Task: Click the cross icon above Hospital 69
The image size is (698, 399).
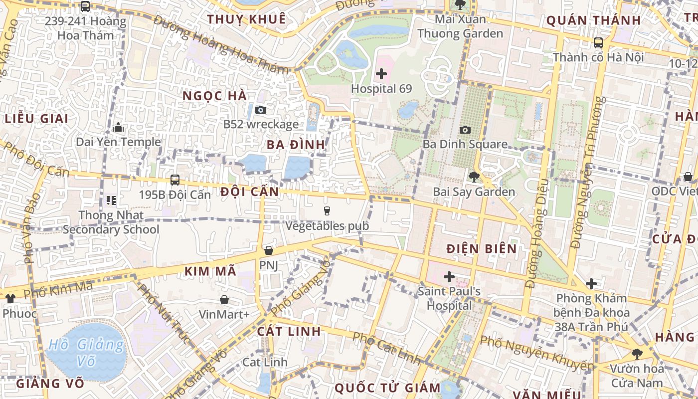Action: tap(381, 74)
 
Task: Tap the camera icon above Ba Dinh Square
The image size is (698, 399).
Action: tap(465, 130)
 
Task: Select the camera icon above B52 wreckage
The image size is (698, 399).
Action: tap(260, 110)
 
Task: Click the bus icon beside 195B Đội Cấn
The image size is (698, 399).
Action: tap(175, 180)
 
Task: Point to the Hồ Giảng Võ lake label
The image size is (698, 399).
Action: tap(87, 352)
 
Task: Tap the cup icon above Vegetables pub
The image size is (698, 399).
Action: tap(327, 211)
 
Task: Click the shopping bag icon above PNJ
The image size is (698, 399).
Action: tap(269, 250)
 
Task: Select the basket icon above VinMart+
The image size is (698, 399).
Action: tap(224, 300)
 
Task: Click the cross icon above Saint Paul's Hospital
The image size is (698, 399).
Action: tap(449, 276)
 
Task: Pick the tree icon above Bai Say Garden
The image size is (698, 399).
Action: tap(474, 177)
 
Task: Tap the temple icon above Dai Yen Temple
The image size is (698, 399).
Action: tap(118, 127)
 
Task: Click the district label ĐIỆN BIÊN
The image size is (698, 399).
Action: tap(481, 248)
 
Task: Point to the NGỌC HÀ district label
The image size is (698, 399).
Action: tap(214, 96)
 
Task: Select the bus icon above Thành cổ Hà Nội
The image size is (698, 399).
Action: tap(598, 43)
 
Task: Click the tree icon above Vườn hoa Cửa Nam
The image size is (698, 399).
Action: tap(637, 354)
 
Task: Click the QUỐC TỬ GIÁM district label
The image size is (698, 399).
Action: tap(387, 388)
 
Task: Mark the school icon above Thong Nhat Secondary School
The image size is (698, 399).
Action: tap(111, 200)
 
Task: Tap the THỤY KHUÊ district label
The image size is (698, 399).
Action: tap(246, 19)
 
